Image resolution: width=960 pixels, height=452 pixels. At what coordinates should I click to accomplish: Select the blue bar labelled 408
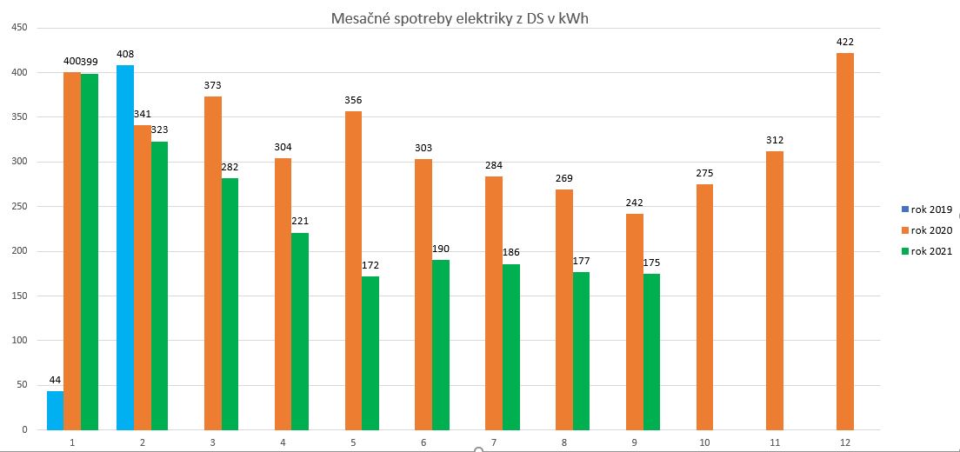pos(125,248)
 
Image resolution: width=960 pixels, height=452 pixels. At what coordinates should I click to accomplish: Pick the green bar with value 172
pos(370,353)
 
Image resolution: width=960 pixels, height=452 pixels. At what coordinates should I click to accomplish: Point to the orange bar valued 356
pos(353,270)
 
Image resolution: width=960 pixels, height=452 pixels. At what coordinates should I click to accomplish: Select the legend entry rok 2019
pos(931,209)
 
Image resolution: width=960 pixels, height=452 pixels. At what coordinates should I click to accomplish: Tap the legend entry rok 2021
pos(931,251)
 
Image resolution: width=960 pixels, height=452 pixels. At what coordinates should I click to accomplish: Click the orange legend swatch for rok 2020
pos(905,230)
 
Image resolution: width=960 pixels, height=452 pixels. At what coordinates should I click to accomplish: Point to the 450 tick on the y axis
pos(18,28)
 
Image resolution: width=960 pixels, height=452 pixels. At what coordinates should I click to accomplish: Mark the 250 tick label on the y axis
pos(18,206)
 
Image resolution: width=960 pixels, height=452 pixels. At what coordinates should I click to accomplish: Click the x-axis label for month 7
pos(493,442)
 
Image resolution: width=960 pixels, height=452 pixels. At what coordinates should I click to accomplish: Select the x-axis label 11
pos(774,442)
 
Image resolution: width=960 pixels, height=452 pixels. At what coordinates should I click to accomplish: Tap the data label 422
pos(844,41)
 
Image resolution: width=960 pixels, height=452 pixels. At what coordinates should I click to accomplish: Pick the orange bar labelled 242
pos(634,322)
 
